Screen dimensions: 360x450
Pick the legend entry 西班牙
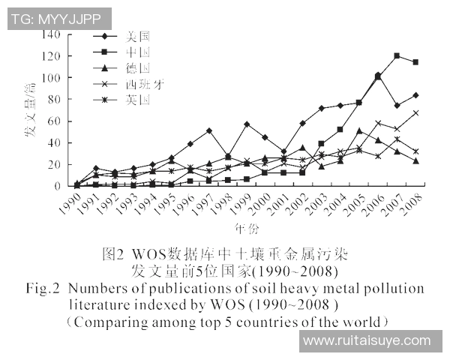143,83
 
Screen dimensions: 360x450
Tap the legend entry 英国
138,99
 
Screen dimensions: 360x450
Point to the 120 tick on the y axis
51,56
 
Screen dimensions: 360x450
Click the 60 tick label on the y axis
54,121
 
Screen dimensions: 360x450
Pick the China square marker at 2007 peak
397,56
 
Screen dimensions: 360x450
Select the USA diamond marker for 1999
247,124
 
